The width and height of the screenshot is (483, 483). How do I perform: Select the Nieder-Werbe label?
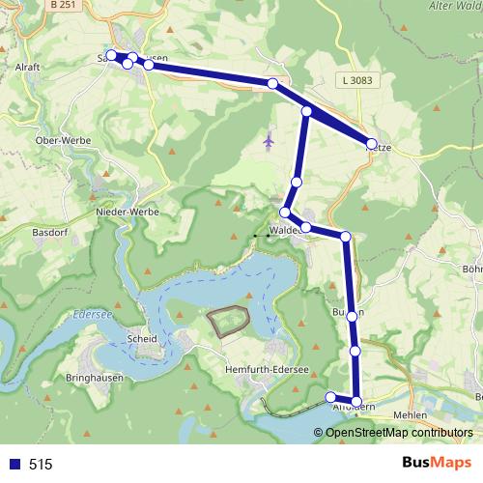(x=120, y=210)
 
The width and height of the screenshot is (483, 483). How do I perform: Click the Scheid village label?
(x=141, y=339)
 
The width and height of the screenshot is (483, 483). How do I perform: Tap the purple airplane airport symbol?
(x=269, y=141)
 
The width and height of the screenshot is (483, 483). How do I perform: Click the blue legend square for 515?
(x=14, y=465)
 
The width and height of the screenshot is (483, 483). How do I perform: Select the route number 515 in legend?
(x=41, y=465)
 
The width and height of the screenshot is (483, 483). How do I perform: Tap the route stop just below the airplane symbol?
(x=298, y=182)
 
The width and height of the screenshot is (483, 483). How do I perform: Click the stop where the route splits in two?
(x=307, y=112)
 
